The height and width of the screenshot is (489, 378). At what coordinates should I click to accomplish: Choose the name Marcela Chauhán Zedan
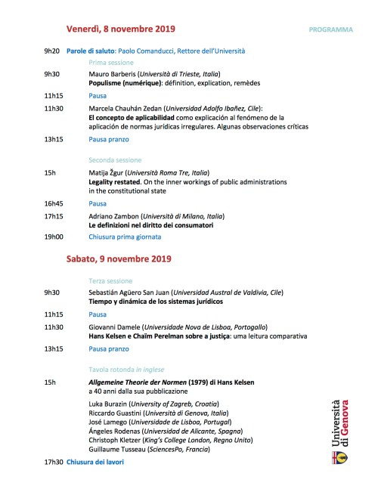(x=129, y=108)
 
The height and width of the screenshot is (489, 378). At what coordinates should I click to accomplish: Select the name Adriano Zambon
(x=117, y=215)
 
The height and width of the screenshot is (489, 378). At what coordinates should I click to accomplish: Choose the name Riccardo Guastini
(x=116, y=413)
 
